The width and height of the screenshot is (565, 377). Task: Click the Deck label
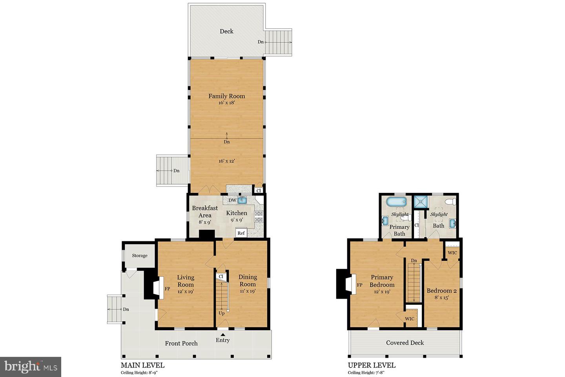click(x=226, y=31)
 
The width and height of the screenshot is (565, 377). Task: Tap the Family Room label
click(x=226, y=96)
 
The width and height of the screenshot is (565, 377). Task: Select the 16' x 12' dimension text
click(x=227, y=161)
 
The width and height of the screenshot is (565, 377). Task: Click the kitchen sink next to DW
click(x=242, y=200)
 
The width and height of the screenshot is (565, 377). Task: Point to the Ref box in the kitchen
click(x=241, y=233)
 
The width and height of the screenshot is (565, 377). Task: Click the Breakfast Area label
click(x=205, y=212)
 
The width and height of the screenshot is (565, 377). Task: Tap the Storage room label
click(x=140, y=256)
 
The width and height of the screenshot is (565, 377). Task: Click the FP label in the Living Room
click(x=167, y=289)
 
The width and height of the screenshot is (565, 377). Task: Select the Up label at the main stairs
click(x=221, y=313)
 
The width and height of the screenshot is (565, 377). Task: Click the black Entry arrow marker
click(x=223, y=335)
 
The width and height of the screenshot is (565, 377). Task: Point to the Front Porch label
click(x=181, y=343)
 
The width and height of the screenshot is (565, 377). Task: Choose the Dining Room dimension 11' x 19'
click(x=248, y=291)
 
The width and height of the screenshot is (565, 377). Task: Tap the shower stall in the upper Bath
click(x=421, y=202)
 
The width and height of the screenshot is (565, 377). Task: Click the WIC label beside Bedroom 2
click(x=452, y=253)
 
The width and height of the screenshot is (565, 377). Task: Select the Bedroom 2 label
click(x=442, y=291)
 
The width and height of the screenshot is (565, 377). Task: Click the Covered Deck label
click(x=405, y=343)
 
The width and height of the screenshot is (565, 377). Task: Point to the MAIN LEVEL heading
click(x=142, y=365)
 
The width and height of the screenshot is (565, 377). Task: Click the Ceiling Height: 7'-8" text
click(x=366, y=372)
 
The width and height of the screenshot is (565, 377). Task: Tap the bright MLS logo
click(x=31, y=367)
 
